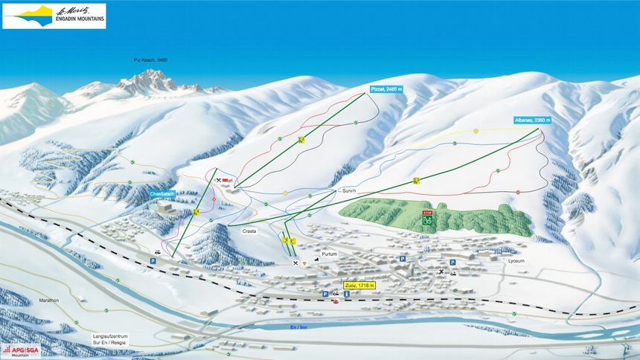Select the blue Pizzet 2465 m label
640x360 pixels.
click(x=386, y=89)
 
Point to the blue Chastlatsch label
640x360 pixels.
click(x=161, y=194)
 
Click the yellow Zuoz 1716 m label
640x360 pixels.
click(x=359, y=285)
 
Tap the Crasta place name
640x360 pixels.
click(x=249, y=231)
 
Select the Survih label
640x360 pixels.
click(x=349, y=190)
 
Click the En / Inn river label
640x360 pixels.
click(x=299, y=327)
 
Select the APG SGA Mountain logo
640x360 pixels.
click(x=21, y=350)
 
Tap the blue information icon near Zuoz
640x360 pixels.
click(x=346, y=295)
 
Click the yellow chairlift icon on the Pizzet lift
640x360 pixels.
click(x=301, y=140)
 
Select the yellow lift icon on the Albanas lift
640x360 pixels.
click(x=417, y=181)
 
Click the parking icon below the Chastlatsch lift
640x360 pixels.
click(x=154, y=262)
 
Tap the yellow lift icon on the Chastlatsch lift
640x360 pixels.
click(x=196, y=213)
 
